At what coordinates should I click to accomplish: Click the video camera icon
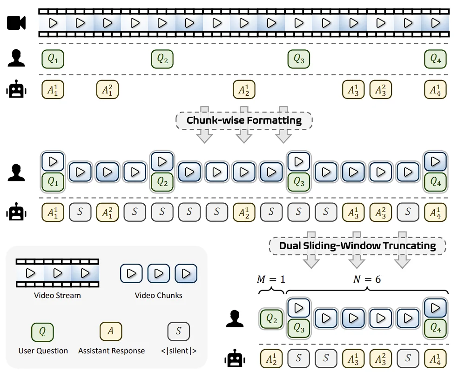(x=16, y=22)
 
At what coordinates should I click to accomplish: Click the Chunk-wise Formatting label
(x=244, y=121)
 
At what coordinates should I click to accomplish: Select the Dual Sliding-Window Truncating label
(x=357, y=246)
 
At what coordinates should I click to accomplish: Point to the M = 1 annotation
(x=271, y=279)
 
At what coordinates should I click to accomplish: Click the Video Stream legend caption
(x=57, y=295)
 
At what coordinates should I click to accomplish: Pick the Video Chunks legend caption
(x=159, y=295)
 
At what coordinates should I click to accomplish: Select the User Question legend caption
(x=43, y=351)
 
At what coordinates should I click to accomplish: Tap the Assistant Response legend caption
(x=111, y=351)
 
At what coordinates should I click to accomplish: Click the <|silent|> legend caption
(x=178, y=351)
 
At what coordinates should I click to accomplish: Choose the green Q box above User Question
(x=42, y=332)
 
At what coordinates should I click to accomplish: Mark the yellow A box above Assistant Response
(x=111, y=332)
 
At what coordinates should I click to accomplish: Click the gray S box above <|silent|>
(x=178, y=332)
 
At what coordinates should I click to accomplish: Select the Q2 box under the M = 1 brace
(x=271, y=319)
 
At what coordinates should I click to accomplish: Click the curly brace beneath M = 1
(x=271, y=291)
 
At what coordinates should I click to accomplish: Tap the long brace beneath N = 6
(x=368, y=291)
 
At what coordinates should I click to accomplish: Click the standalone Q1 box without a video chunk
(x=53, y=59)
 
